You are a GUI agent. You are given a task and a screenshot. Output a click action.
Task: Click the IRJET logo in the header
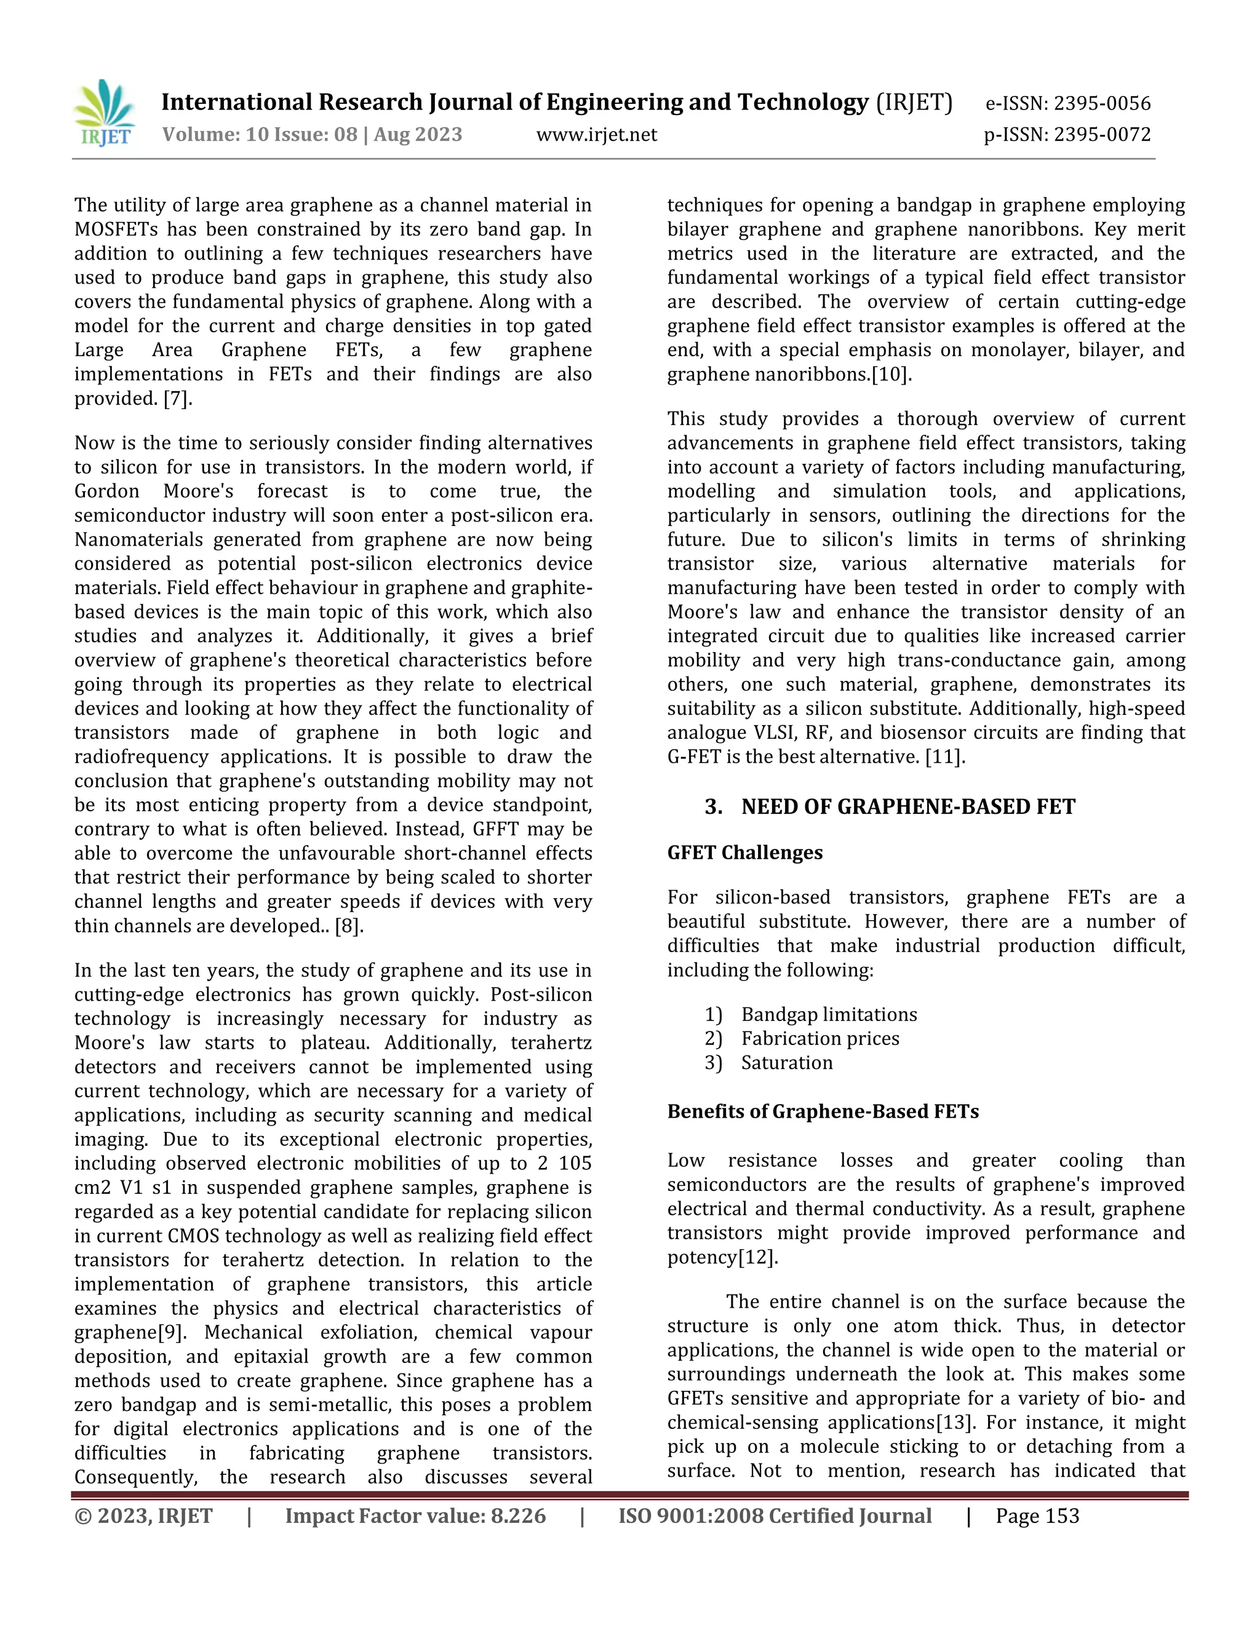[105, 113]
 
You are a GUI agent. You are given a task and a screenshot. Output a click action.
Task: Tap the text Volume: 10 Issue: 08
[260, 135]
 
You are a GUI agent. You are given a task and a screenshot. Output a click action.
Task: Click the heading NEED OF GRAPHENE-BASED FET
[907, 807]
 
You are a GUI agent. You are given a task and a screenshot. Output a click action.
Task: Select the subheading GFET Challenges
[745, 853]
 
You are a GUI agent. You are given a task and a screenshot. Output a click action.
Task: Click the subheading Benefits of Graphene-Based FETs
[823, 1111]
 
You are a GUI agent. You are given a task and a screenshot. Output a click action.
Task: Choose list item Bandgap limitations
[829, 1014]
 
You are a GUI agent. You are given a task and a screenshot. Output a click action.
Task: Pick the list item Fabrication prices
[819, 1038]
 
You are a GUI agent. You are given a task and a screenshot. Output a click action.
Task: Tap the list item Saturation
[786, 1063]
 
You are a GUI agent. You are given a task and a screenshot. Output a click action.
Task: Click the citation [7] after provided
[177, 399]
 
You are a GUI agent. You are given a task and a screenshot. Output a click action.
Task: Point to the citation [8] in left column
[348, 926]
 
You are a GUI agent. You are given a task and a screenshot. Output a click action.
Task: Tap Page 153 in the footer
[1037, 1516]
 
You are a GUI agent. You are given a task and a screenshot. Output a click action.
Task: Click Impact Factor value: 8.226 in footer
[415, 1516]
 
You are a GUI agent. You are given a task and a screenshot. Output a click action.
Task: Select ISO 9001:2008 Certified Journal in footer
[775, 1516]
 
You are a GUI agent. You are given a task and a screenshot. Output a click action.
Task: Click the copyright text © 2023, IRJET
[143, 1516]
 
